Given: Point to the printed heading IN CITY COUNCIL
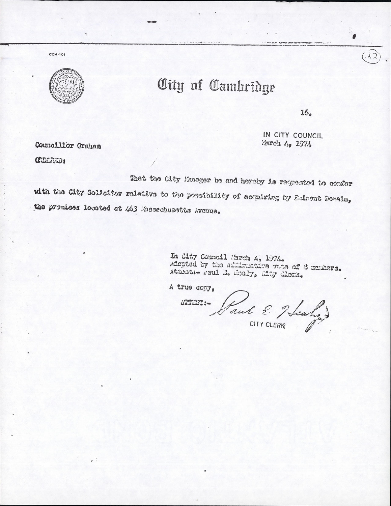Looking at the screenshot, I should (293, 136).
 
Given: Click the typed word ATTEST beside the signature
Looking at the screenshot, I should (195, 303).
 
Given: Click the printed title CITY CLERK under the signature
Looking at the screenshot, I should (267, 324).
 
